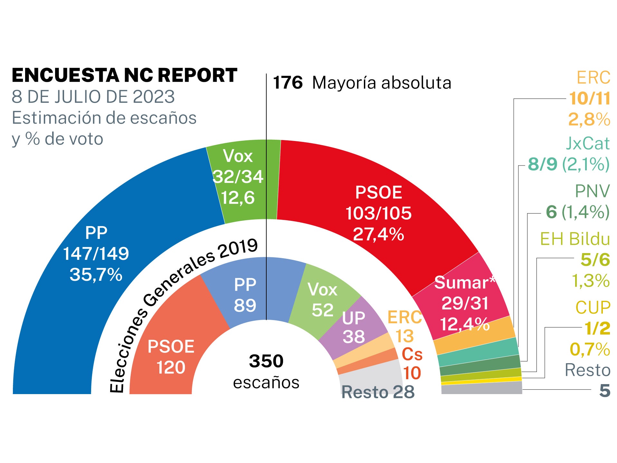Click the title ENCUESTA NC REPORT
click(x=124, y=75)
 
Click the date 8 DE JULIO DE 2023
click(x=93, y=97)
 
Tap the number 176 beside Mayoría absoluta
click(x=288, y=83)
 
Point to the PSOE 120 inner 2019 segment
click(x=171, y=357)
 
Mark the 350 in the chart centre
click(x=266, y=361)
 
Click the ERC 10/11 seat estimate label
click(x=589, y=98)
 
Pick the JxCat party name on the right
click(x=587, y=143)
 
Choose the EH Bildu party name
click(x=575, y=239)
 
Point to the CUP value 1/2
click(x=597, y=328)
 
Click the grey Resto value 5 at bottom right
click(x=605, y=391)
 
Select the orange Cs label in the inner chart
click(x=412, y=354)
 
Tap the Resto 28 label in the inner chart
click(x=378, y=392)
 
